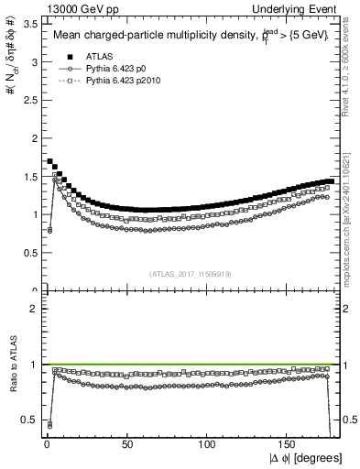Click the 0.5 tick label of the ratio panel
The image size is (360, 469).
click(x=31, y=420)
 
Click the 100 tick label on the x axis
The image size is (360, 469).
click(x=208, y=443)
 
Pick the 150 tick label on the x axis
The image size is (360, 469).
click(x=289, y=443)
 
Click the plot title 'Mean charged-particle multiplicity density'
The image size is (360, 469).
click(x=156, y=36)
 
